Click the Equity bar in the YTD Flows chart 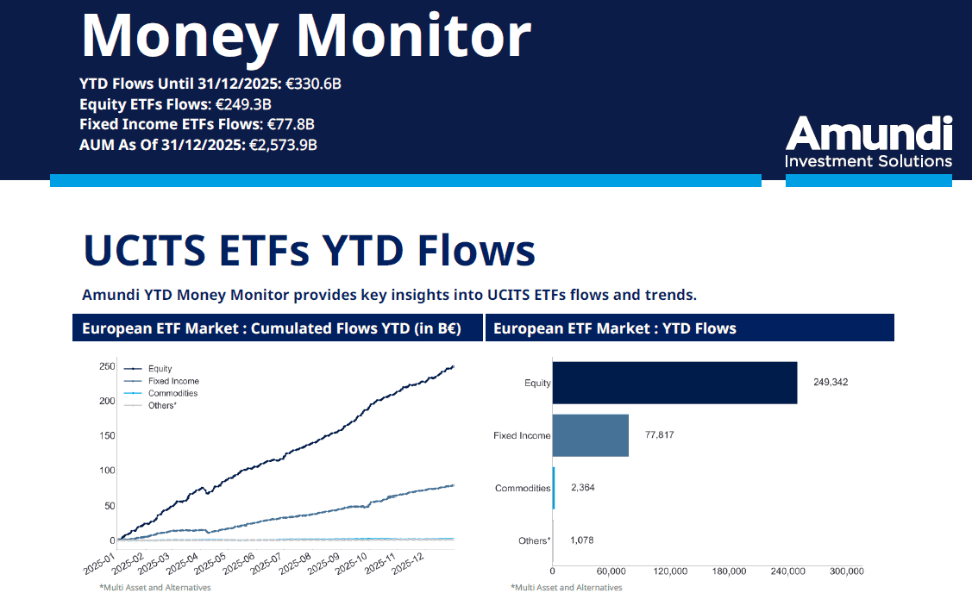point(674,383)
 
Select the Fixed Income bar point(590,435)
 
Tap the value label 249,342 point(830,382)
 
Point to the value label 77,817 point(659,435)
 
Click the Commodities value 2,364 point(582,488)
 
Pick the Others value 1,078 point(581,540)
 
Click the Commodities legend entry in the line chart point(172,393)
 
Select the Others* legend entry point(162,405)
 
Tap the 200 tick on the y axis point(106,401)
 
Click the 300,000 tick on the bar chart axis point(846,571)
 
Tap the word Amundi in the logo point(869,134)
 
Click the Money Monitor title point(305,36)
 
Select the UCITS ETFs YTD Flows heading point(309,250)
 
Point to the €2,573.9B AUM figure point(283,145)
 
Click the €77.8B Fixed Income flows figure point(291,124)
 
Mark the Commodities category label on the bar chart point(523,489)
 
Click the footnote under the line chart point(155,587)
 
